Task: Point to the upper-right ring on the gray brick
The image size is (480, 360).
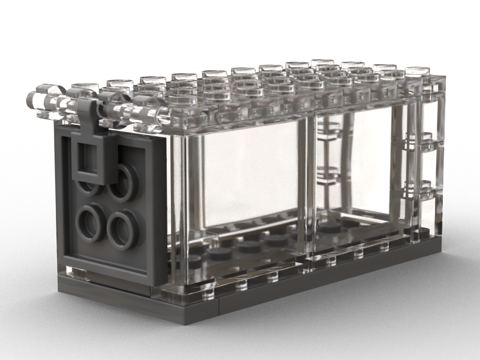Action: pos(124,179)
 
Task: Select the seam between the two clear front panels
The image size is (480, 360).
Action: pos(310,180)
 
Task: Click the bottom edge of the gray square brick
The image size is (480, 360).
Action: pos(108,282)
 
